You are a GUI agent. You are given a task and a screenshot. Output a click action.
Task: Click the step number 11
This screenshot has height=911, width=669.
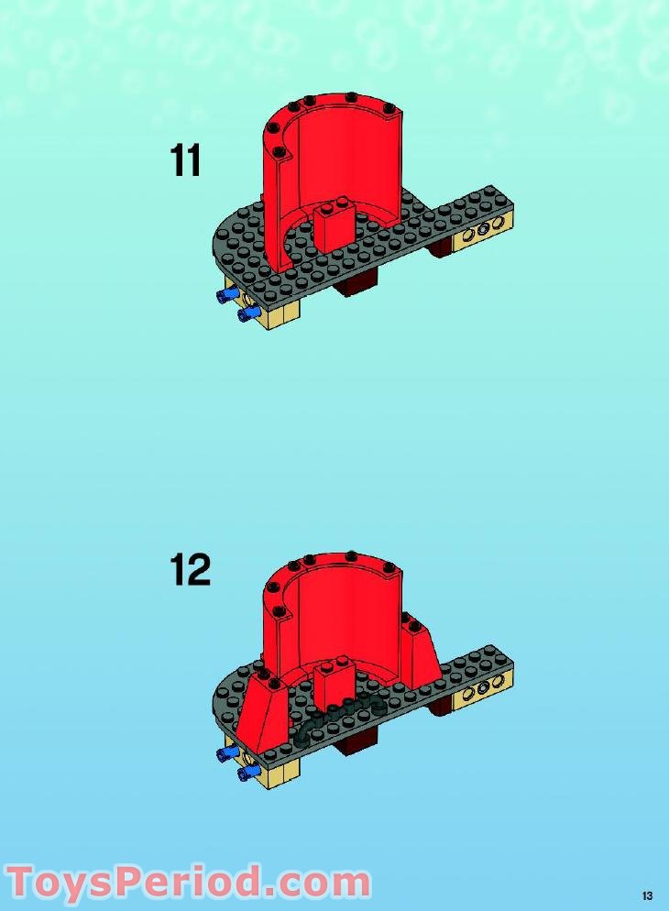coord(185,162)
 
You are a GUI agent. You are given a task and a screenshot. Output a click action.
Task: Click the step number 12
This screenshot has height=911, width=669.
coord(190,569)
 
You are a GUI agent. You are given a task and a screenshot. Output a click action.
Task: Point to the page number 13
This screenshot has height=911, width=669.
coord(647,895)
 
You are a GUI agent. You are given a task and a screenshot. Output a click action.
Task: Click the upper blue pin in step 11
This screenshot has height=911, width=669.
coord(225,295)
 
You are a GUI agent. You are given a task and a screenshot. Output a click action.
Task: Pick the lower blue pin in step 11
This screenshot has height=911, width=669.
coord(247,315)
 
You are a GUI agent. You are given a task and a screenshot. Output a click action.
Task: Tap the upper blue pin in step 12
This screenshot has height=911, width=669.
coord(225,753)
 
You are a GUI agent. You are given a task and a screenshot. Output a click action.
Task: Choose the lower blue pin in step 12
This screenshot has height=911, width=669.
coord(247,774)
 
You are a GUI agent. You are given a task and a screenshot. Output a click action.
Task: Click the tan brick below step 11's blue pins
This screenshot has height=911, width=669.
coord(280,316)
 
